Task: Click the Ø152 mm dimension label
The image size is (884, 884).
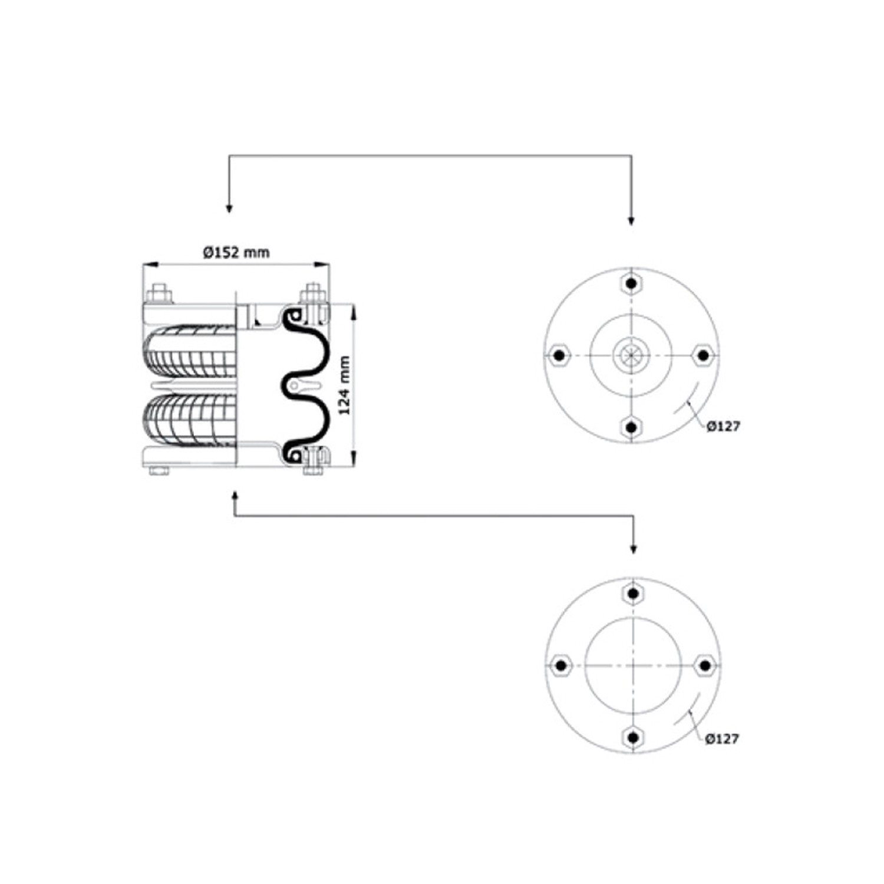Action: (236, 252)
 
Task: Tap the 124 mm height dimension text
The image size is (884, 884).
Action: (345, 385)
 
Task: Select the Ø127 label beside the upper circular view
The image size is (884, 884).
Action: (723, 426)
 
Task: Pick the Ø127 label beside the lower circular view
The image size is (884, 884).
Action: (722, 738)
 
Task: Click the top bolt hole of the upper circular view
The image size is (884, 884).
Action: (632, 284)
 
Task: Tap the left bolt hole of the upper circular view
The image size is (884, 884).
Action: (559, 355)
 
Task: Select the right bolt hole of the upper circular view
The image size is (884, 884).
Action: (703, 355)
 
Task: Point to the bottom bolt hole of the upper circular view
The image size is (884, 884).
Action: (631, 427)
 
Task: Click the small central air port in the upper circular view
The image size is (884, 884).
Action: (631, 355)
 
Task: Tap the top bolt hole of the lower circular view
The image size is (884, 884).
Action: (632, 593)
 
